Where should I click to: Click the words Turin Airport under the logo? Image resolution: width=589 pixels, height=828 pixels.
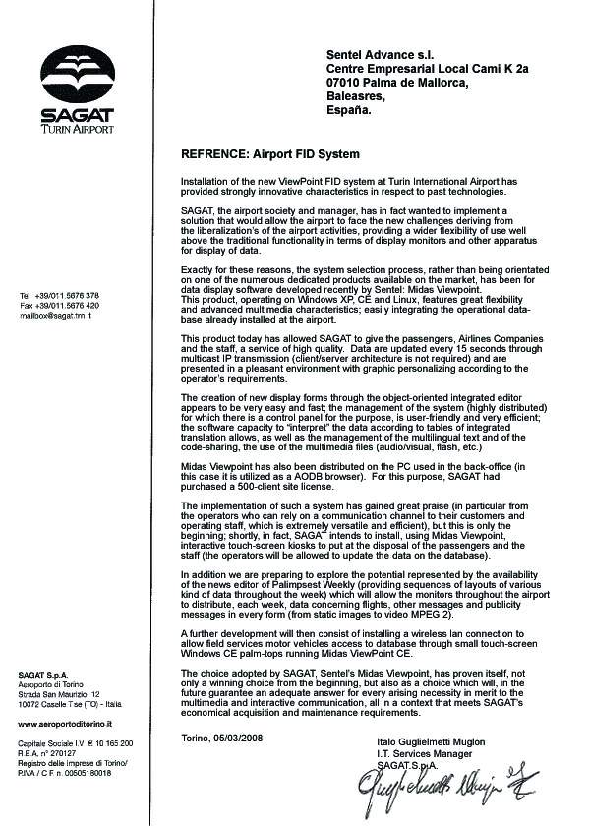pos(77,129)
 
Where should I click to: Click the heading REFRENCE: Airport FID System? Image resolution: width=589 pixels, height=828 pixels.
pos(270,155)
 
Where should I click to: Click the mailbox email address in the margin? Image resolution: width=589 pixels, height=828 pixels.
pos(55,316)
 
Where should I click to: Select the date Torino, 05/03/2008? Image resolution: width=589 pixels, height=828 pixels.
pos(224,738)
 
